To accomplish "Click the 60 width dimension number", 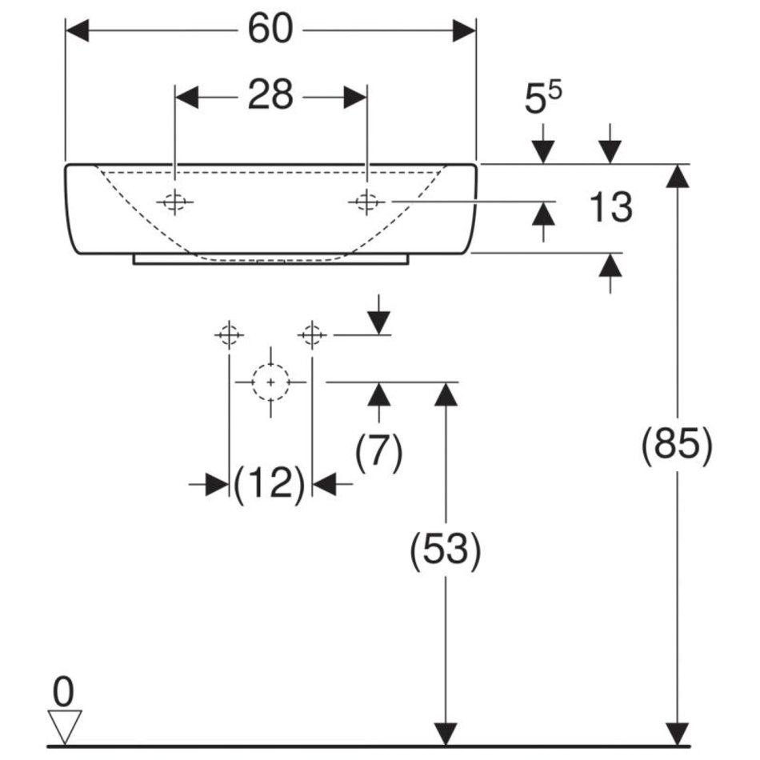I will coord(270,30).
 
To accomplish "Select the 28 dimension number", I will coord(270,97).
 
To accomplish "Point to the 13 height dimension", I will coord(611,208).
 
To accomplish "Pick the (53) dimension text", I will coord(446,551).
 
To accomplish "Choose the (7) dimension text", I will coord(378,454).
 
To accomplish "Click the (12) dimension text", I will coord(270,484).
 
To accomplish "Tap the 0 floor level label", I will coord(64,688).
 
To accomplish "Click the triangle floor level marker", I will coord(66,726).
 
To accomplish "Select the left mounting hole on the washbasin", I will coord(175,202).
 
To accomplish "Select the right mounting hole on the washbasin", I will coord(366,202).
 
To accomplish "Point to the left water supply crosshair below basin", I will coord(229,334).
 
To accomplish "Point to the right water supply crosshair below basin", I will coord(312,334).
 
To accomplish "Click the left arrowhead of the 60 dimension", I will coord(77,31).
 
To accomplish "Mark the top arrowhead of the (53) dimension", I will coord(446,394).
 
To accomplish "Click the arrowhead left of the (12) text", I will coord(217,484).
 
